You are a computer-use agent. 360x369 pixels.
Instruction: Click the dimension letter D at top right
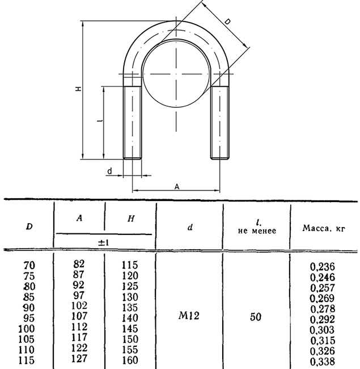click(x=227, y=22)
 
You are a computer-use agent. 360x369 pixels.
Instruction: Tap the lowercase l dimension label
click(x=100, y=121)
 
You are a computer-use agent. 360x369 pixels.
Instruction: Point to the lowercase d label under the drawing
click(x=110, y=171)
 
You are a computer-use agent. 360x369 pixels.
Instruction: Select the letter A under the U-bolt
click(x=177, y=187)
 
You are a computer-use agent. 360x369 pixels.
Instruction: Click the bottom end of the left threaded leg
click(x=132, y=159)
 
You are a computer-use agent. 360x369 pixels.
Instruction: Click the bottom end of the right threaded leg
click(x=220, y=159)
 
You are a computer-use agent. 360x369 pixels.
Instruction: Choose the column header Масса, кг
click(x=324, y=228)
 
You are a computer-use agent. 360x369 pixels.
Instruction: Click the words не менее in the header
click(x=257, y=231)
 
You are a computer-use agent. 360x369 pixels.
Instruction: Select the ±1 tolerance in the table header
click(x=103, y=242)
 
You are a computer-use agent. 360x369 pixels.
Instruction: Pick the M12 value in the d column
click(x=189, y=315)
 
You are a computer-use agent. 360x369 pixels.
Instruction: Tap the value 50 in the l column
click(x=256, y=317)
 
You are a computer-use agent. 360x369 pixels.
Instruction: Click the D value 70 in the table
click(x=29, y=265)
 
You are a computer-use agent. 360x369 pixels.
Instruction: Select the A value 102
click(x=79, y=305)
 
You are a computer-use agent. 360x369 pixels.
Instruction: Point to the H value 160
click(x=130, y=360)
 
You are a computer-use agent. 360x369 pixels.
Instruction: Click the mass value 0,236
click(x=323, y=267)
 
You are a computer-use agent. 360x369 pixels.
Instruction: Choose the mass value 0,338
click(x=323, y=361)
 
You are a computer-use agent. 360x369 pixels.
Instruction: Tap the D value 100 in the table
click(x=27, y=329)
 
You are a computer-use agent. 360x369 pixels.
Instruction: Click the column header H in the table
click(x=131, y=219)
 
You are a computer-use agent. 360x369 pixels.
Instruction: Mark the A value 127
click(x=79, y=358)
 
